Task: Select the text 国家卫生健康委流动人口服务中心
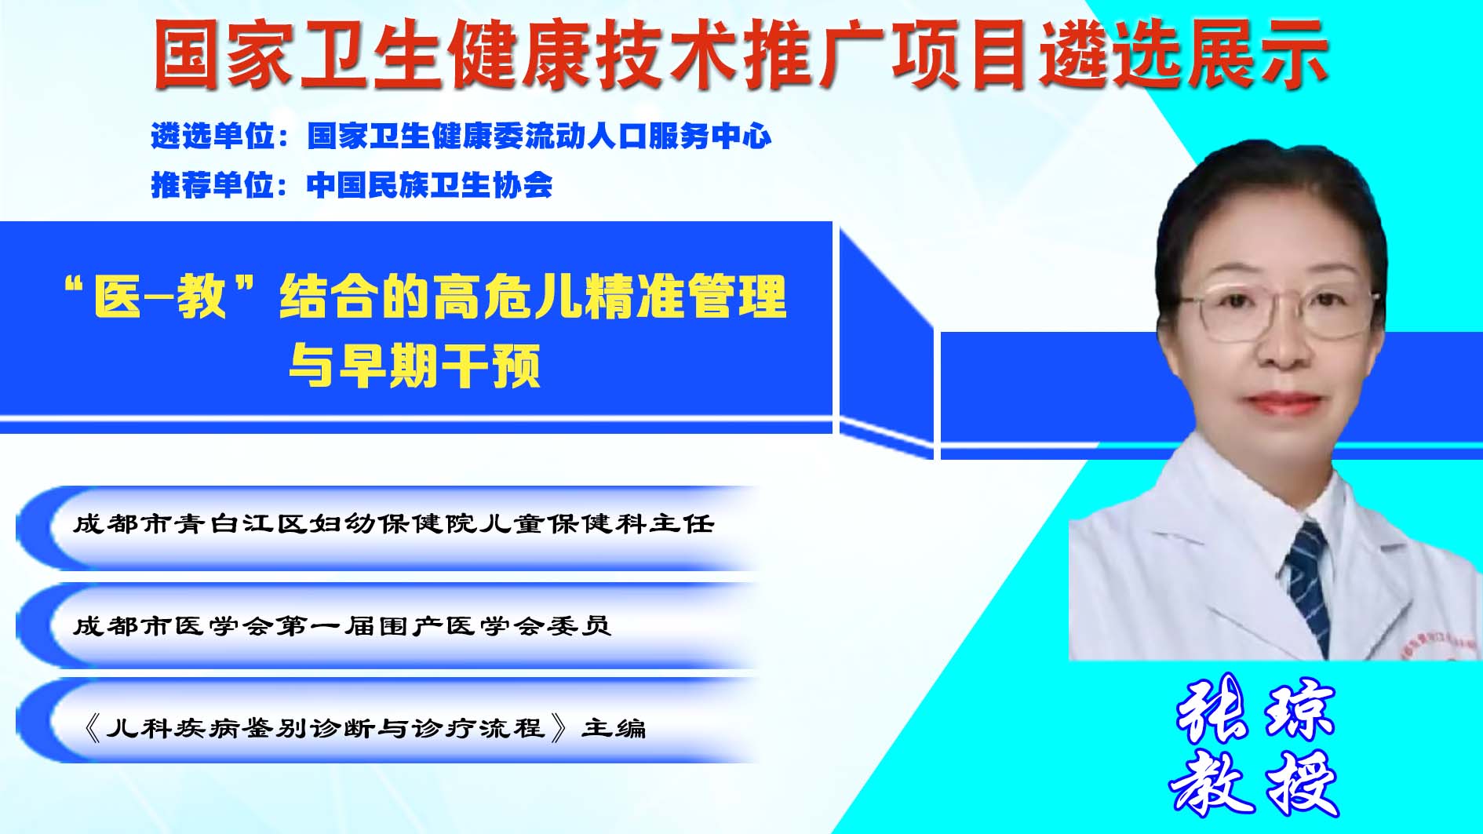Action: pos(539,137)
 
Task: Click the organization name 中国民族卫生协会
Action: pos(430,185)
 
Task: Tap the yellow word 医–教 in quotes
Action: pos(160,297)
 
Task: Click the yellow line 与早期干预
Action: pos(414,366)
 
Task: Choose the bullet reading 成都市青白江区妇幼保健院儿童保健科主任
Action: pos(393,523)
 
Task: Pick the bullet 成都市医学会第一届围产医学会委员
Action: pos(342,625)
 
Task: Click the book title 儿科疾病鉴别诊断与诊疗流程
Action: pos(325,728)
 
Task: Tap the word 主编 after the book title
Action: pos(614,728)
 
